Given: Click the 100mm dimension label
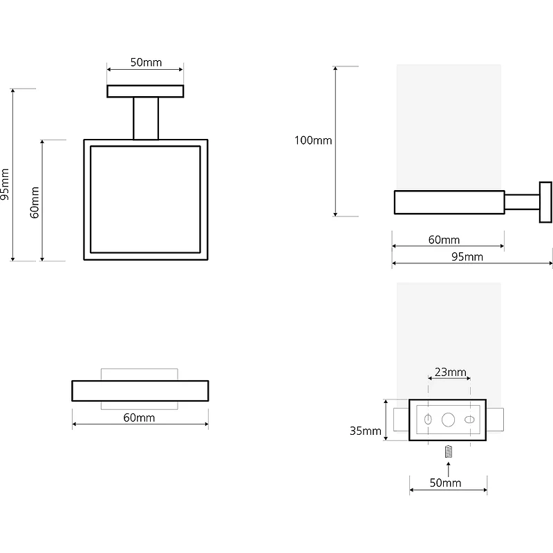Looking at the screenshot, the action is coord(313,140).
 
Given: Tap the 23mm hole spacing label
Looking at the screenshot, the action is coord(451,372).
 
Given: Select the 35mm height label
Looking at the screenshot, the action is coord(366,431).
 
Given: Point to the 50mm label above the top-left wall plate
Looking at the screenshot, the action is coord(146,62).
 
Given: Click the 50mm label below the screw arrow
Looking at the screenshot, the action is coord(445,482).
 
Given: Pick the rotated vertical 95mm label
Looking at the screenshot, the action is coord(5,184).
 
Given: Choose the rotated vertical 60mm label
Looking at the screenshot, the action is coord(35,203).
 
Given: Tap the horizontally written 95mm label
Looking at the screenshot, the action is coord(467,256).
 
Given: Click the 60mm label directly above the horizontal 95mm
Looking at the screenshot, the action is coord(444,240).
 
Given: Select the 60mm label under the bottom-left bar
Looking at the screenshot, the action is coord(139,418).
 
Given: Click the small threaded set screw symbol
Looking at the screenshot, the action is coord(448,451).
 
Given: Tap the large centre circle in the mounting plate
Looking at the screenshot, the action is coord(448,420).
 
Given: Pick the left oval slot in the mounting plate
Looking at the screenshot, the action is coord(428,420).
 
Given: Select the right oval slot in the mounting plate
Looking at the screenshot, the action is coord(469,420).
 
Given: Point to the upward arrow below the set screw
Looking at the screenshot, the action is coord(448,469).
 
